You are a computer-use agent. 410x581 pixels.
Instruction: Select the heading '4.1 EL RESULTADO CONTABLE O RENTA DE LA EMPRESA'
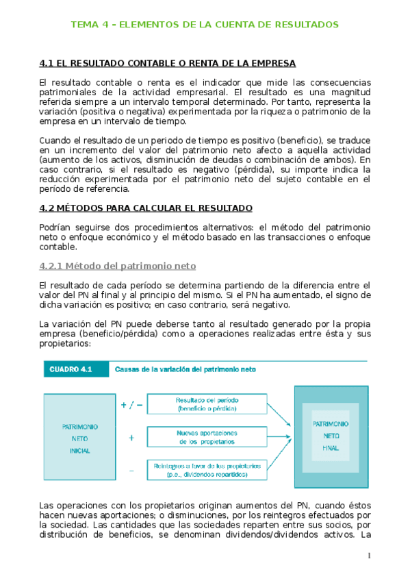(168, 64)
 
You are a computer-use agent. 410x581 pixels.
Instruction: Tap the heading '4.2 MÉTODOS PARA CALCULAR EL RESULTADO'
(146, 208)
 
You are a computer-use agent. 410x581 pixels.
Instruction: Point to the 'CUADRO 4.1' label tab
(75, 369)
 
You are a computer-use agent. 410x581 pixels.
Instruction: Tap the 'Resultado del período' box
(206, 404)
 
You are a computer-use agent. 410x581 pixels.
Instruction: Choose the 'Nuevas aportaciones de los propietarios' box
(206, 436)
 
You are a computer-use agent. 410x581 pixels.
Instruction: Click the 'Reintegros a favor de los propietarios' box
(206, 469)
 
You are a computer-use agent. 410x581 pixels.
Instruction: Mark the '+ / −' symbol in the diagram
(131, 404)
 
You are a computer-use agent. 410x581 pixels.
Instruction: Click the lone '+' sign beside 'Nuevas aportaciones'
(131, 436)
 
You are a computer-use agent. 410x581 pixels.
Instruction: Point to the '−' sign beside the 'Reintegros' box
(131, 470)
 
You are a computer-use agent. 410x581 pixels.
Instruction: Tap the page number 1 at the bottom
(368, 555)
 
